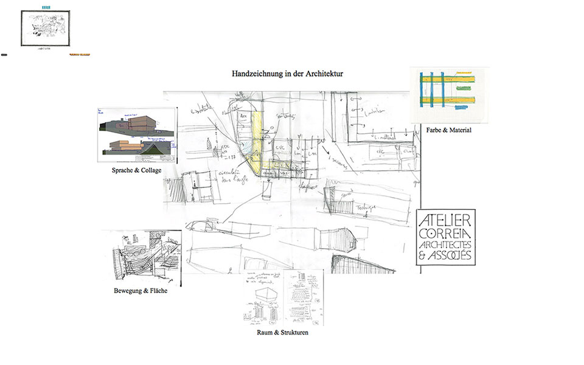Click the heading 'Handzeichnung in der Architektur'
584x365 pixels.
pyautogui.click(x=288, y=74)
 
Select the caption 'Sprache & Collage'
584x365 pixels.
pyautogui.click(x=136, y=170)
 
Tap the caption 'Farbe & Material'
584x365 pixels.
pyautogui.click(x=450, y=130)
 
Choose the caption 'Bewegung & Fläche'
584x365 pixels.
pyautogui.click(x=141, y=291)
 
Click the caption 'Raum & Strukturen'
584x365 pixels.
pyautogui.click(x=283, y=333)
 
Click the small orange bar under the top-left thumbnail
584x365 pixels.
pyautogui.click(x=80, y=55)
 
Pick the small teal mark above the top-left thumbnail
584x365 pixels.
pyautogui.click(x=46, y=7)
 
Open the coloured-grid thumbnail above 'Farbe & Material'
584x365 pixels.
pyautogui.click(x=449, y=94)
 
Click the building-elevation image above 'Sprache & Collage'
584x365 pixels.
pyautogui.click(x=137, y=136)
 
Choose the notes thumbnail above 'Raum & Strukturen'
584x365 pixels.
pyautogui.click(x=283, y=299)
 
